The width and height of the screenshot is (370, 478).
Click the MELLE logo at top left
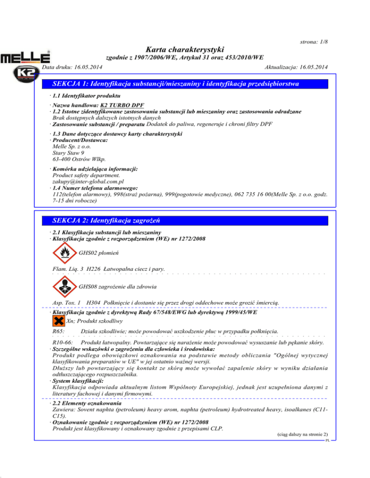(25, 58)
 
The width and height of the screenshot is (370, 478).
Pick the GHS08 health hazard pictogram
(64, 288)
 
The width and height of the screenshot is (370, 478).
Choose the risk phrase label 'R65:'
(58, 331)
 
